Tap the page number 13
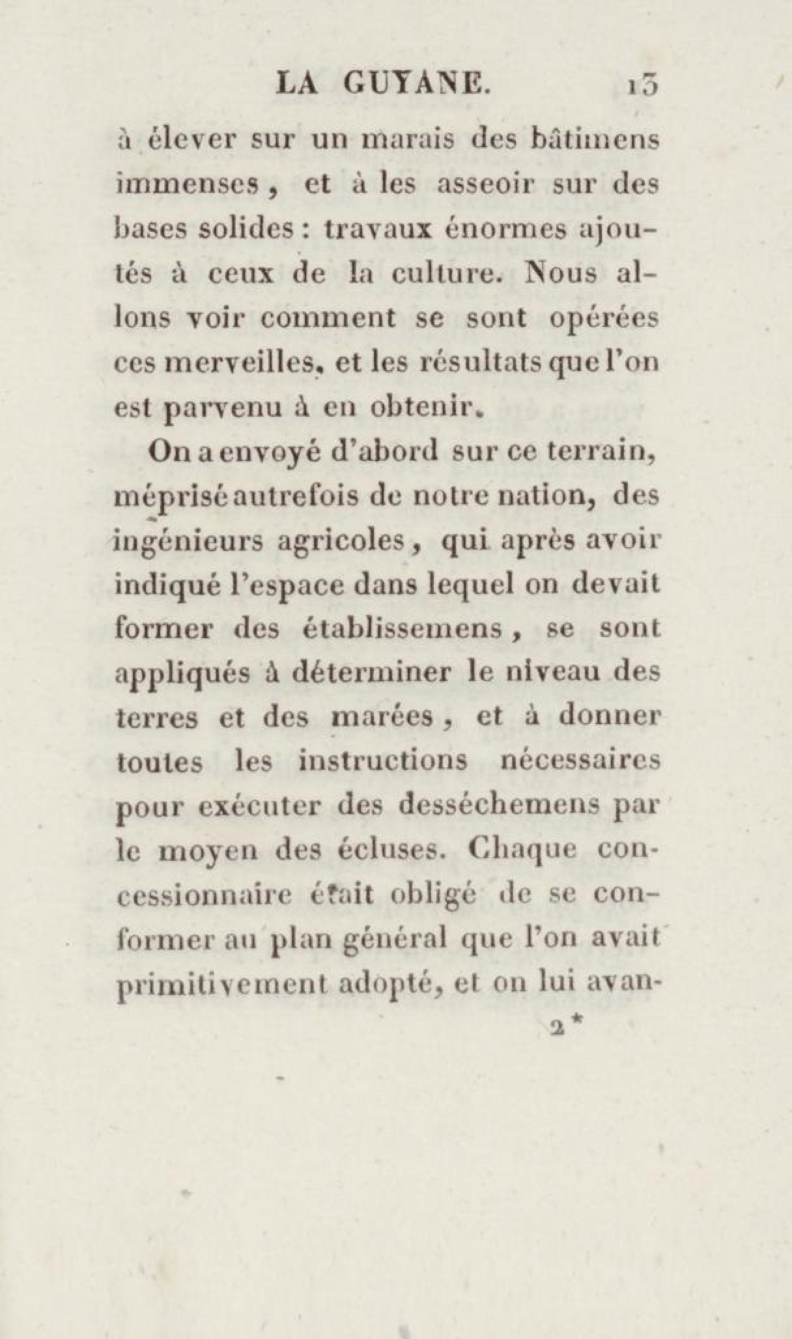tap(642, 87)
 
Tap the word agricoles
tap(346, 541)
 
